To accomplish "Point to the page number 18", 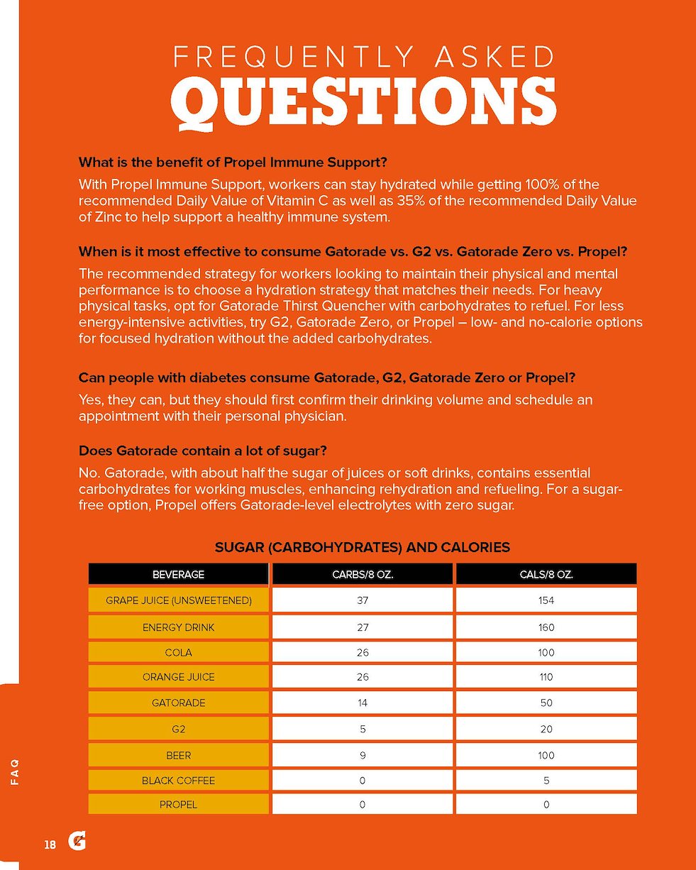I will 50,844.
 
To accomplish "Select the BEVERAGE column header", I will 178,574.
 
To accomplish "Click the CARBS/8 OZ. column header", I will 362,574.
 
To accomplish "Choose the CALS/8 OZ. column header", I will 546,574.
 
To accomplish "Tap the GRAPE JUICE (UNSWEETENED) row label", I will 178,600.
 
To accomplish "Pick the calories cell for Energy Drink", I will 546,627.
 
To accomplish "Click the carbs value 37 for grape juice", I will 362,600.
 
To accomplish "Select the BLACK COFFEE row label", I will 178,781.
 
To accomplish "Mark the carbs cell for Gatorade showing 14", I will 362,703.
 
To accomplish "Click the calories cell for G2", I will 546,729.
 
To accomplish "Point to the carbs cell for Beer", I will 362,755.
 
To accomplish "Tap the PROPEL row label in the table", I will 178,805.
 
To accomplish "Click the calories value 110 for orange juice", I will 546,677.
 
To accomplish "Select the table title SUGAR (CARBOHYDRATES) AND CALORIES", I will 362,547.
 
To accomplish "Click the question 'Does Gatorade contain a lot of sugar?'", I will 202,451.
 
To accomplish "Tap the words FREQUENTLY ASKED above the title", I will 363,56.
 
